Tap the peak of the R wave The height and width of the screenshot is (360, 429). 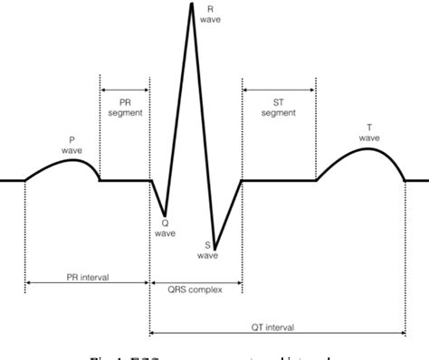[192, 4]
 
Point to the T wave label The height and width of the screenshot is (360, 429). [368, 132]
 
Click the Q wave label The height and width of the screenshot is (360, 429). [164, 226]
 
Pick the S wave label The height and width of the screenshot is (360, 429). [208, 250]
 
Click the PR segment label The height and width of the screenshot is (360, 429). [125, 109]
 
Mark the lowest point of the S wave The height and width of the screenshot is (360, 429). [214, 238]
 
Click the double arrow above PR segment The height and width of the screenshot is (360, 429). [125, 90]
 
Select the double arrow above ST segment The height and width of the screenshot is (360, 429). [279, 90]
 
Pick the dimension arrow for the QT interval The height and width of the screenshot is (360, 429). [278, 333]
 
